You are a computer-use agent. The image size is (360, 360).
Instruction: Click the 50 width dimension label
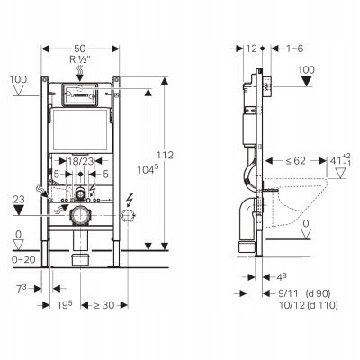coord(80,49)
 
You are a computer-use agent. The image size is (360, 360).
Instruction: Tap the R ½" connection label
coord(80,59)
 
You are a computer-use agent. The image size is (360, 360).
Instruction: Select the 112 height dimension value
coord(165,155)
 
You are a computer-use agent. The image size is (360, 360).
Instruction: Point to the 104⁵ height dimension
coord(148,169)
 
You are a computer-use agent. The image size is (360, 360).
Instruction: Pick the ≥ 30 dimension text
coord(104,305)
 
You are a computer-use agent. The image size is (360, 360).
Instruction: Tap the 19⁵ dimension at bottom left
coord(65,305)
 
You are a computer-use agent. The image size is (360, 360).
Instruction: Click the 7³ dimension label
coord(22,289)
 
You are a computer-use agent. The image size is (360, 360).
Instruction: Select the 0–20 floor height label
coord(23,259)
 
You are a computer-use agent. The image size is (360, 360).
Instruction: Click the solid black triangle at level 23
coord(19,211)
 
